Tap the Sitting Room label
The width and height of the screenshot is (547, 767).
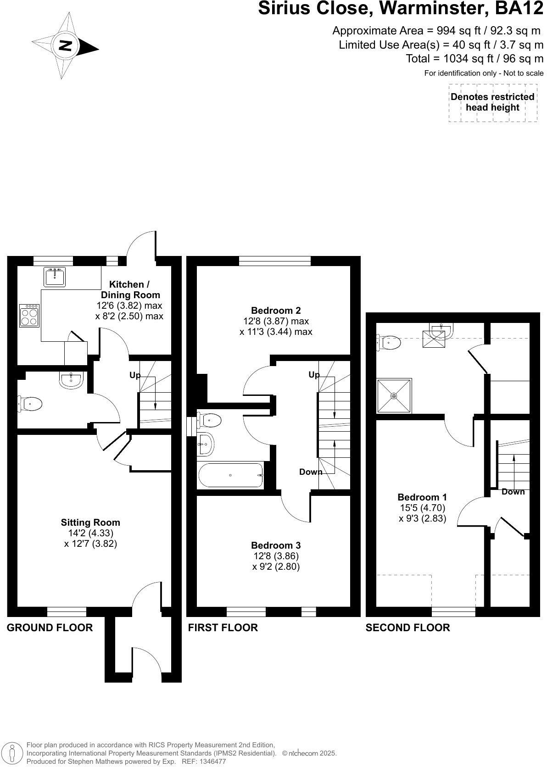tap(90, 522)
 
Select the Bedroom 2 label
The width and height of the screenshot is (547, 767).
tap(276, 310)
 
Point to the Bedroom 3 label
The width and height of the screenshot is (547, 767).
tap(275, 545)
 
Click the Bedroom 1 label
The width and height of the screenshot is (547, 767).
tap(422, 497)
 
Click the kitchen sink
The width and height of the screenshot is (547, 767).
tap(55, 276)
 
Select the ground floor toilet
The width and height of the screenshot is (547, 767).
tap(30, 404)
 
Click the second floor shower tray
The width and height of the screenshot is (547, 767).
tap(394, 395)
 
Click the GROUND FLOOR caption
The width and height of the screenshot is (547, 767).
tap(50, 627)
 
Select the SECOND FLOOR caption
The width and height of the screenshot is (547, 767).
tap(407, 627)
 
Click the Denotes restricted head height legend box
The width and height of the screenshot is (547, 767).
tap(492, 102)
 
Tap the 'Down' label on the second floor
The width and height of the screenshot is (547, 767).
tap(513, 492)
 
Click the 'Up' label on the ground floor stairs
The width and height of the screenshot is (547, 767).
tap(134, 375)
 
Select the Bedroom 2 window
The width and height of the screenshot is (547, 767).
tap(274, 261)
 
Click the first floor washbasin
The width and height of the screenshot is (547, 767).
tap(205, 444)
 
